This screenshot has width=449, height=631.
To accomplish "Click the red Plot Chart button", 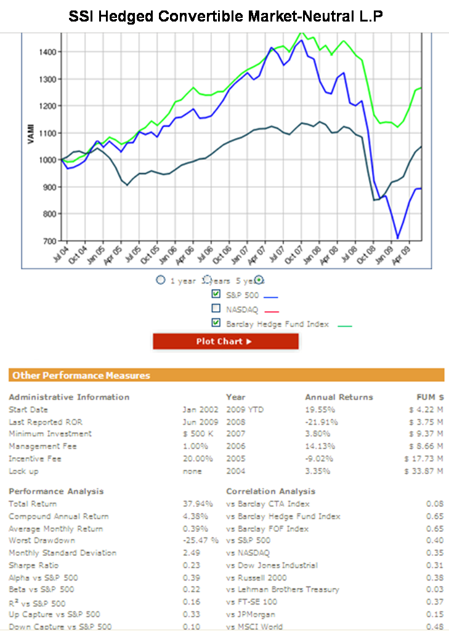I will click(x=225, y=341).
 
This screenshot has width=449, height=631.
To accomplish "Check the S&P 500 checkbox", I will click(x=216, y=294).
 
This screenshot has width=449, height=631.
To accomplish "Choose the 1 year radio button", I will click(x=161, y=280).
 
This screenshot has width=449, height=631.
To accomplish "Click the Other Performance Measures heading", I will click(x=81, y=375).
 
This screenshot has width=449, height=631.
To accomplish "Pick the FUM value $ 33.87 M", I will click(x=424, y=471).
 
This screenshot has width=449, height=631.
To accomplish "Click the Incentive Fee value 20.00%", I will click(x=198, y=458).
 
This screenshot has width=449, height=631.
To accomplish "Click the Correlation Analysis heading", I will click(x=270, y=491).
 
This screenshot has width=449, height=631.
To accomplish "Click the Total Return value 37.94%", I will click(x=198, y=504).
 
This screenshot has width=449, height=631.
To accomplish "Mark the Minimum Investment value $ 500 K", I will click(x=198, y=434).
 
